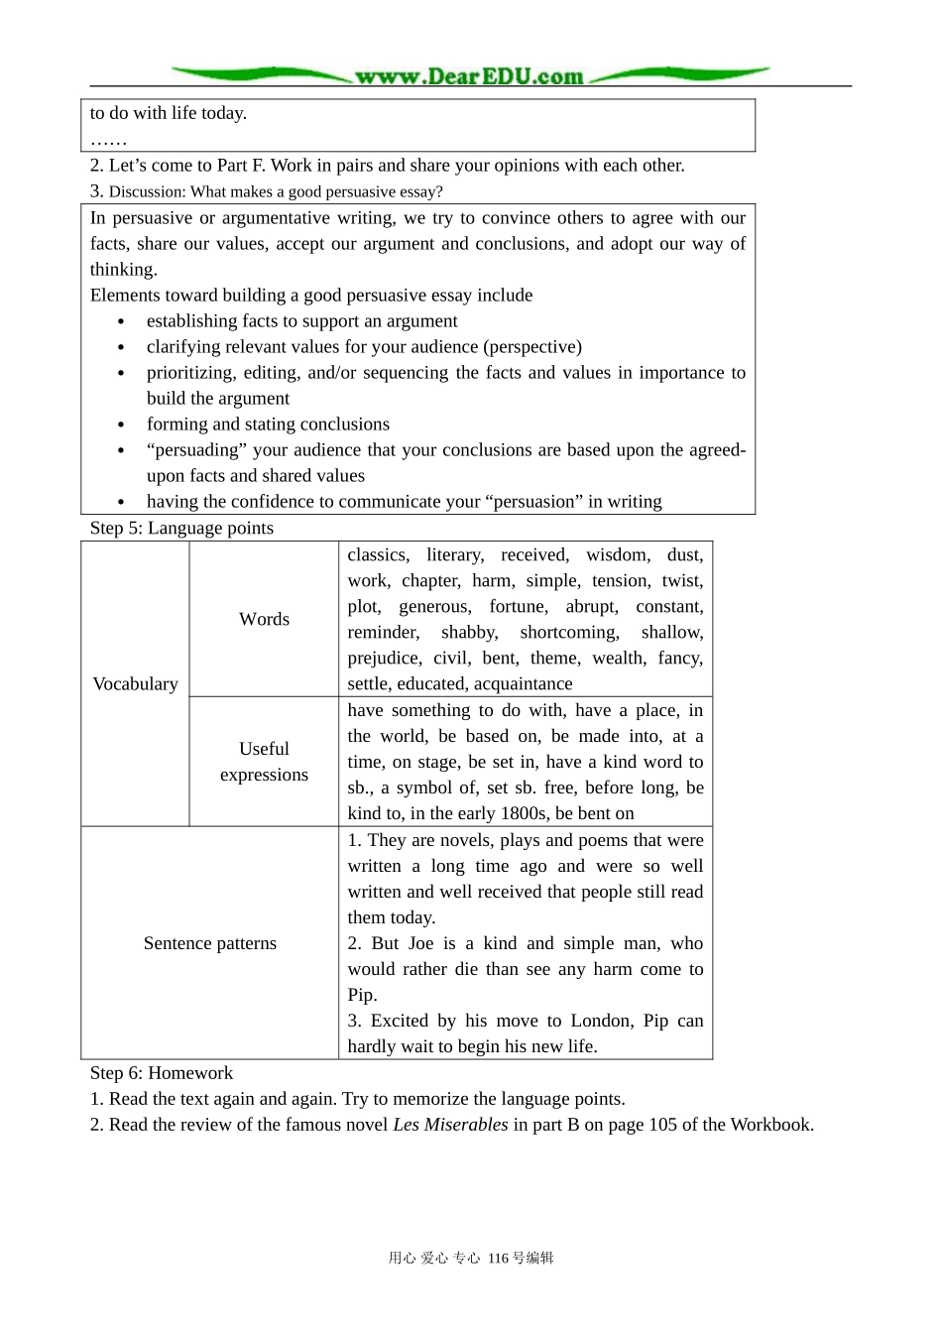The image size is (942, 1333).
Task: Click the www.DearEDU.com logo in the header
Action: pyautogui.click(x=470, y=75)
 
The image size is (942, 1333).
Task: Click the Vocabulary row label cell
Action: pyautogui.click(x=135, y=683)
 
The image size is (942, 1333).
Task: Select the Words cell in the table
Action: pyautogui.click(x=264, y=619)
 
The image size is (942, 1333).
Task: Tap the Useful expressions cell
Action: pyautogui.click(x=264, y=762)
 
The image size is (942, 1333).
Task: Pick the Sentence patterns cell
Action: pyautogui.click(x=209, y=943)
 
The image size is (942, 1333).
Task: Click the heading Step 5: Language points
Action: pyautogui.click(x=181, y=528)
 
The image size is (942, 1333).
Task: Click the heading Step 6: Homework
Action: pyautogui.click(x=162, y=1073)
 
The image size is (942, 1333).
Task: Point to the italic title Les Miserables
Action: pyautogui.click(x=450, y=1125)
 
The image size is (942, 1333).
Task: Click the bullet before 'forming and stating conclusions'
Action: pyautogui.click(x=121, y=425)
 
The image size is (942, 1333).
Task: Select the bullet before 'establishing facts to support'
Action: pyautogui.click(x=121, y=322)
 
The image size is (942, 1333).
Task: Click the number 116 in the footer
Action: pyautogui.click(x=498, y=1259)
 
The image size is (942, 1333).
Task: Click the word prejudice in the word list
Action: pyautogui.click(x=384, y=659)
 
